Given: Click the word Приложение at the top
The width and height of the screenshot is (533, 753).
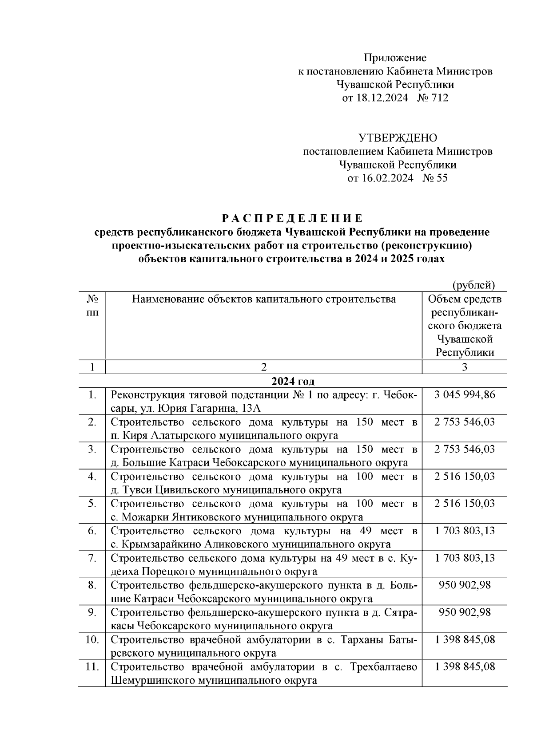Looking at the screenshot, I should [x=395, y=58].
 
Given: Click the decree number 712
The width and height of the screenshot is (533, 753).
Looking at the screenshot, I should [x=439, y=98].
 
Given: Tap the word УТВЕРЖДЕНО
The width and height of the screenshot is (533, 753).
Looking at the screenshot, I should [x=398, y=138].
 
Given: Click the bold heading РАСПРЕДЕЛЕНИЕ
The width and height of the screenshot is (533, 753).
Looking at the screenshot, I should [x=292, y=219].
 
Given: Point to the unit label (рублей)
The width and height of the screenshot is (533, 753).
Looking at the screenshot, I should [x=473, y=285].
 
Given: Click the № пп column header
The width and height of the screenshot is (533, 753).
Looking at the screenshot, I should [x=92, y=306].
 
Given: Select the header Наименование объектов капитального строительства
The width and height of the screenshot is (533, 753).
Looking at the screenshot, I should [x=264, y=299].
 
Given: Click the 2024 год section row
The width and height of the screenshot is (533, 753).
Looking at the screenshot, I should [x=293, y=382].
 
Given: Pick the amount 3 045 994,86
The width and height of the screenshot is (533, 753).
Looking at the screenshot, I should [x=465, y=394].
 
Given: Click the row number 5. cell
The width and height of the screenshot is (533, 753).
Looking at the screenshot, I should [x=92, y=504].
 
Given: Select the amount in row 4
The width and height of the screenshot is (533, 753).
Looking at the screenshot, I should [x=465, y=476].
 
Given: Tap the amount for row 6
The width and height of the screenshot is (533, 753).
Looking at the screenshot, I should [x=465, y=531].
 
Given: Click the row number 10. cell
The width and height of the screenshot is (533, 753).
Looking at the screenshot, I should [x=91, y=639].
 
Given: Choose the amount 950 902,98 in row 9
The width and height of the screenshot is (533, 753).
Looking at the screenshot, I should [x=465, y=612].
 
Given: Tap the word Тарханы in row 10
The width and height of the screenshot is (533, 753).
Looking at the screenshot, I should [x=364, y=639].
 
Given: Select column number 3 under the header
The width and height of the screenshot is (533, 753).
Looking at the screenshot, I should [x=465, y=367].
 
